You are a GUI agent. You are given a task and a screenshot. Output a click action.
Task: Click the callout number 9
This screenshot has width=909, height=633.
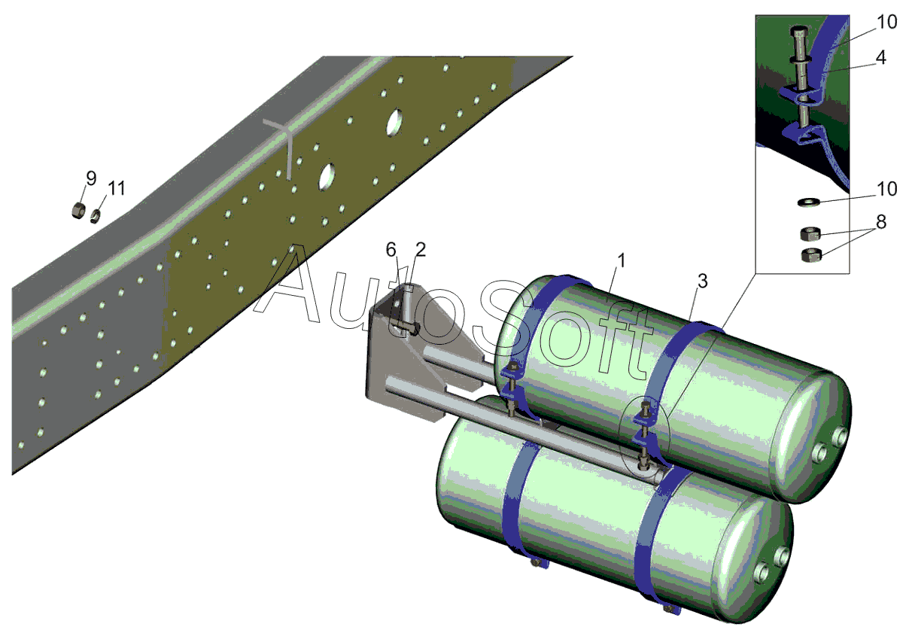91,178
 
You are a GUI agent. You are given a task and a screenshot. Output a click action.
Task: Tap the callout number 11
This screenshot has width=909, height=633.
117,188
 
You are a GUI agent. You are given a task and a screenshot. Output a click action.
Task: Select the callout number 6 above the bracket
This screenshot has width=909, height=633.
391,250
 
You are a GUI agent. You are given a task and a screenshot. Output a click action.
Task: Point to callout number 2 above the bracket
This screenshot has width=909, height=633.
421,250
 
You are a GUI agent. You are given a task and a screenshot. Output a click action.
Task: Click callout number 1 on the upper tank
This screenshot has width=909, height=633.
622,260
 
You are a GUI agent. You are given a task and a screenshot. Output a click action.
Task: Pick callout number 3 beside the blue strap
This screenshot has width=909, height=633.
703,281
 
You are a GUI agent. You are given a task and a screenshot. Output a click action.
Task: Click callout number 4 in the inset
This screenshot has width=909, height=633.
880,58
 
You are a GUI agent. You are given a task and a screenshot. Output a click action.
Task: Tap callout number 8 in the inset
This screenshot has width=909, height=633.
881,222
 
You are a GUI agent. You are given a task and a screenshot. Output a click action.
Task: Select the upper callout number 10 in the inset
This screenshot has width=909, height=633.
886,22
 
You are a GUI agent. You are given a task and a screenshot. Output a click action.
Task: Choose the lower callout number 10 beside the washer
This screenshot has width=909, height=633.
886,189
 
